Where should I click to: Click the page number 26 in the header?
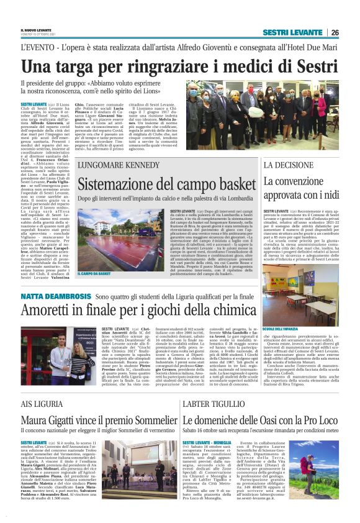(x=335, y=32)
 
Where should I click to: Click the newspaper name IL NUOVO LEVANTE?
(x=37, y=30)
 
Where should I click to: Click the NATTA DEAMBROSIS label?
(x=56, y=298)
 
